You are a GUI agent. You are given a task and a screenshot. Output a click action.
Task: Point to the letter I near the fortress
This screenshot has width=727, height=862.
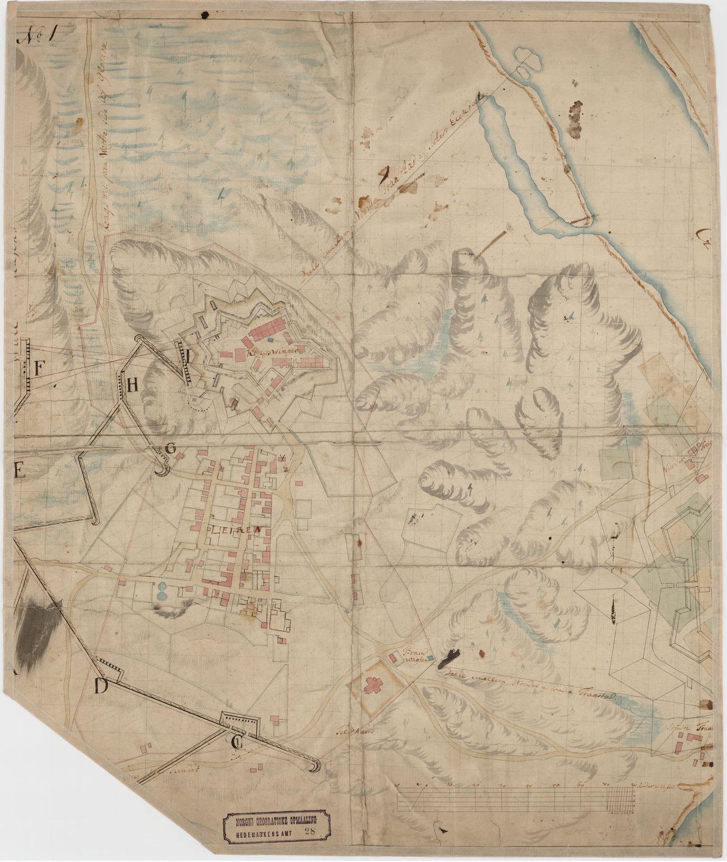point(188,356)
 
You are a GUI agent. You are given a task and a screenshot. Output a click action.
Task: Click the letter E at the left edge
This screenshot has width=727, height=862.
point(18,471)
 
